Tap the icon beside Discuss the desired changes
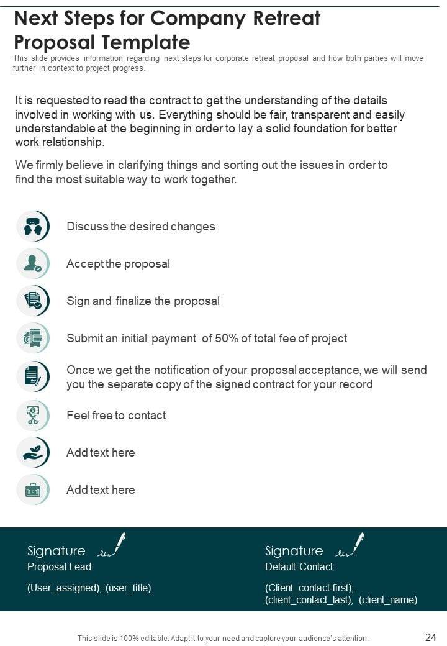(x=33, y=226)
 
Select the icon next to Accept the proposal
(x=33, y=263)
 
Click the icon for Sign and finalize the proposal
(x=33, y=301)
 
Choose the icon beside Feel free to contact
(x=33, y=415)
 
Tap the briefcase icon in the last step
(x=33, y=489)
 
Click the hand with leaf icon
(x=33, y=452)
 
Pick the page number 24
(x=430, y=637)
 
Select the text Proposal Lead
(x=59, y=567)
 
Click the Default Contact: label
(x=300, y=567)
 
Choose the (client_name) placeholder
(x=388, y=600)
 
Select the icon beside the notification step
(x=33, y=376)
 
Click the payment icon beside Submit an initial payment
(x=33, y=339)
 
